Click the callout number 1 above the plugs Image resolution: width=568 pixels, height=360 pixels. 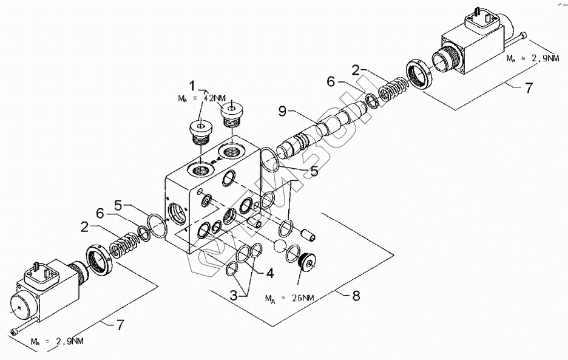click(x=193, y=84)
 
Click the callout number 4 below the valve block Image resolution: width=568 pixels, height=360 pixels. click(x=269, y=273)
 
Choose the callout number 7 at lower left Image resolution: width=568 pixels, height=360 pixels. click(x=120, y=325)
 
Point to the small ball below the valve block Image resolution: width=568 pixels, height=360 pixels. click(x=280, y=246)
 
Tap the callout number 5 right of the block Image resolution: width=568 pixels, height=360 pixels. click(x=313, y=172)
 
